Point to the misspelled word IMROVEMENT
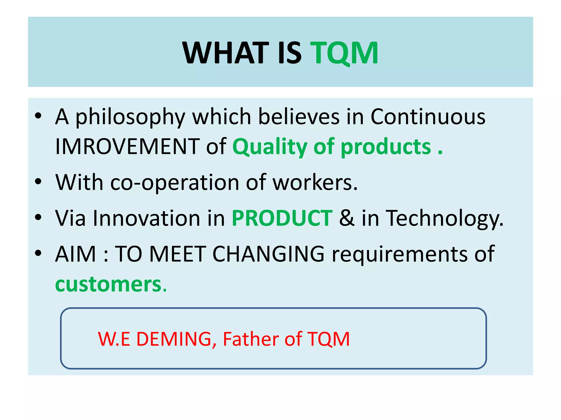[127, 147]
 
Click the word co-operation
[175, 183]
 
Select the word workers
[315, 183]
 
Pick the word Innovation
[147, 218]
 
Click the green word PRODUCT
[282, 218]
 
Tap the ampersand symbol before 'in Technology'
[347, 218]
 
